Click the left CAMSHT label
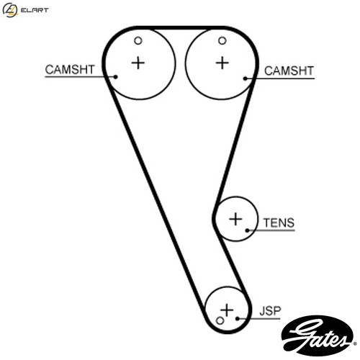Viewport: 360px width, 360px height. pos(70,70)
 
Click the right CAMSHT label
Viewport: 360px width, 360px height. pos(289,71)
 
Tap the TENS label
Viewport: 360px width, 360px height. pos(279,223)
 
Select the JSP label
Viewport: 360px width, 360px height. pos(270,311)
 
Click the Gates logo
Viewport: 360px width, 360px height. pos(318,336)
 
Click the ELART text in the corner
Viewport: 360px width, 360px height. pos(35,10)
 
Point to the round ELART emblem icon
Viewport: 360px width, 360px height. pos(10,10)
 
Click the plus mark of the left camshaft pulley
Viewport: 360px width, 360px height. pos(138,63)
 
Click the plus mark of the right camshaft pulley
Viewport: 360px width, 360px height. pos(222,63)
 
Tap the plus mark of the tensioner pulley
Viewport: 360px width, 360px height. pos(235,219)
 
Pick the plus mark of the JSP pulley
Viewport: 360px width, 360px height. pos(227,310)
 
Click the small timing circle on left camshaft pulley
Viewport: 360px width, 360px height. pos(138,41)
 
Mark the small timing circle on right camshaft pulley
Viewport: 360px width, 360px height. pos(222,41)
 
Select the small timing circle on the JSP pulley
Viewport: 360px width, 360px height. pos(220,320)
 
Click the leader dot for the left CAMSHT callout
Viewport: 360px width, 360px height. pos(115,77)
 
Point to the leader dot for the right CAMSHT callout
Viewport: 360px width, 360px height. pos(246,78)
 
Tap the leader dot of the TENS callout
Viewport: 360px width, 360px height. pos(247,230)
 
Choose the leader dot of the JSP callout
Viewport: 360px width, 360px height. pos(238,318)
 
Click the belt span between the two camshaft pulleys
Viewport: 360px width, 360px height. pos(180,27)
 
